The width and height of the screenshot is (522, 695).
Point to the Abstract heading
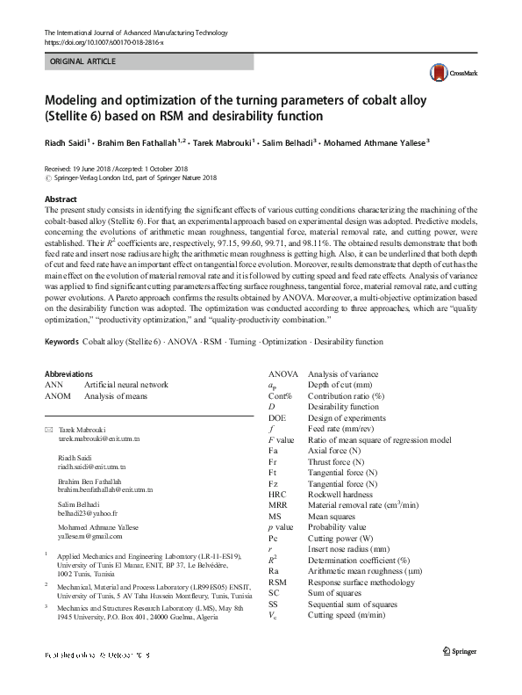61,200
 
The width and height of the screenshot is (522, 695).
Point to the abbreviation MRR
277,504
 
